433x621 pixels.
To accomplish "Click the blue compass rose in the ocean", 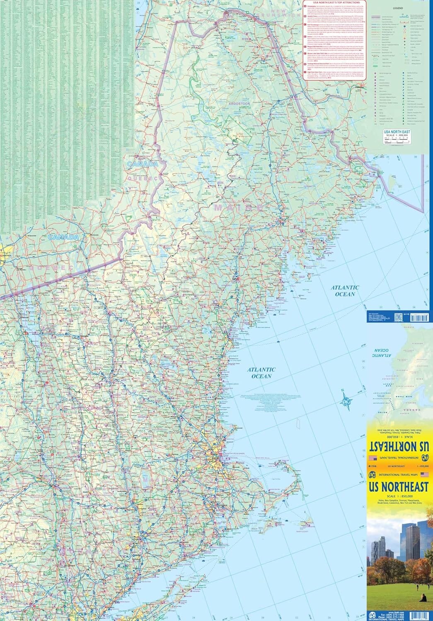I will point(345,400).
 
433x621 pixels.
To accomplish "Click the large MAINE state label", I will point(239,207).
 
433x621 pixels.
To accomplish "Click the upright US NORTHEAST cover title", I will point(399,487).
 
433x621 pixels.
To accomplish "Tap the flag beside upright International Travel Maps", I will point(424,474).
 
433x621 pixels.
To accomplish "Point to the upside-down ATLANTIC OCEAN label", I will point(383,352).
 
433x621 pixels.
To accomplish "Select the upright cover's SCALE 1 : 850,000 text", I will point(399,496).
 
